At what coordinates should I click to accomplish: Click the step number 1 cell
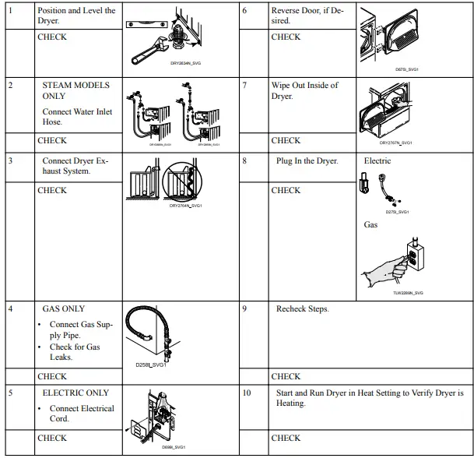pos(10,11)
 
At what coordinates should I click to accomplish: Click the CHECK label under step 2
pos(52,141)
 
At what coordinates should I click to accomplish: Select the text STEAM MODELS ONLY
pos(75,90)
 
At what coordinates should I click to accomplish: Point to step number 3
pos(10,161)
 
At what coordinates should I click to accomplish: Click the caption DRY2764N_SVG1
pos(185,206)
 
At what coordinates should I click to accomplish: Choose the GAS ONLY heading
pos(64,309)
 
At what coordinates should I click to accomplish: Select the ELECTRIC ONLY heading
pos(75,393)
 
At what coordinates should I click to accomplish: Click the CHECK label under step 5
pos(52,439)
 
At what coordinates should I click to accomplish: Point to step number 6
pos(245,11)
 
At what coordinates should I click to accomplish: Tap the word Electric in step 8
pos(377,161)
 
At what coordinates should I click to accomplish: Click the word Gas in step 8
pos(370,225)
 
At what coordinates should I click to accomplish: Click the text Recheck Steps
pos(303,309)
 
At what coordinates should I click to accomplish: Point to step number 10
pos(247,393)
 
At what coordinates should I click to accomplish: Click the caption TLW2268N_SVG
pos(408,293)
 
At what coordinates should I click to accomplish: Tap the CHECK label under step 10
pos(286,439)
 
